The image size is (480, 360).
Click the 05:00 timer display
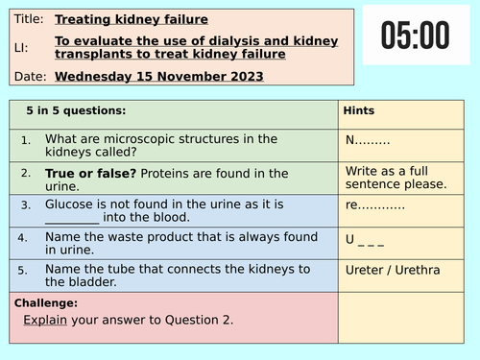[x=415, y=36]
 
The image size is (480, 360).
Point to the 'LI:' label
[x=23, y=46]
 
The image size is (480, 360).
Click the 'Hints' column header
[x=359, y=111]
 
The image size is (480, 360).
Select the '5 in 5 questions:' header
[x=75, y=111]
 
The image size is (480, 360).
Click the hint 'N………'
[x=369, y=139]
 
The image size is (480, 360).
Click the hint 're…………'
[x=374, y=204]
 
